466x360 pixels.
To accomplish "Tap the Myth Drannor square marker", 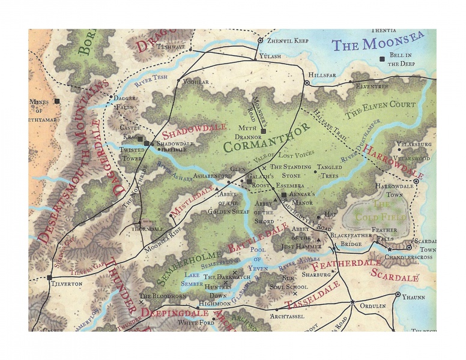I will pyautogui.click(x=263, y=131).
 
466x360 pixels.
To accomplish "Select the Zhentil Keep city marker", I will pyautogui.click(x=260, y=41).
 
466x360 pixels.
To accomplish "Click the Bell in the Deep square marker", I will pyautogui.click(x=382, y=59).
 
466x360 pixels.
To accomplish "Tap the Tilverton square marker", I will pyautogui.click(x=49, y=278).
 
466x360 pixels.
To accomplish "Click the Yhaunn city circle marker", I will pyautogui.click(x=398, y=295).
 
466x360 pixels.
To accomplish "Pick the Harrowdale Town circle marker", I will pyautogui.click(x=416, y=181).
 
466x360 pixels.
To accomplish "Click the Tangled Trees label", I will pyautogui.click(x=329, y=171).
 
